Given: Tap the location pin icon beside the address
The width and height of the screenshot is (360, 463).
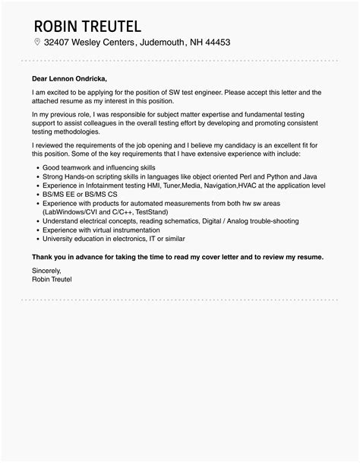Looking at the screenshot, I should tap(36, 43).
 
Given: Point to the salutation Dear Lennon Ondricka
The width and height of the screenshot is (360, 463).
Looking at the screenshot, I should tap(70, 78).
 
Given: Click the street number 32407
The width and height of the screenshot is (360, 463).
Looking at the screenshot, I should tap(60, 43).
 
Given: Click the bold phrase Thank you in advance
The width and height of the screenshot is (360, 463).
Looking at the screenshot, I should tap(70, 256).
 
